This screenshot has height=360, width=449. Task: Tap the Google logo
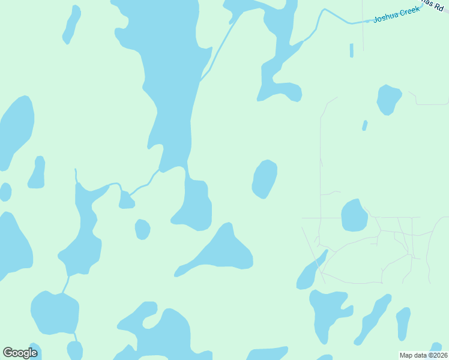pos(20,353)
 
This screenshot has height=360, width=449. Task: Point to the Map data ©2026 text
pos(424,355)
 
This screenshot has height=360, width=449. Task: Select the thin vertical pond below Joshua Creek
pos(352,50)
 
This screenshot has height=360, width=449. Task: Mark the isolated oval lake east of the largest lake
pos(265,179)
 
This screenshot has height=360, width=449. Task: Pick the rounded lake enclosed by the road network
pos(354,215)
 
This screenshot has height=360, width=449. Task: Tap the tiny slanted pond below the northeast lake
pos(364,125)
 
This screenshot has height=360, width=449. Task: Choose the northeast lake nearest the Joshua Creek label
pos(388,99)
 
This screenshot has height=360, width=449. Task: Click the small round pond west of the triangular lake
pos(142,229)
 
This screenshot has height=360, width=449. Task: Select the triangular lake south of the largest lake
pos(222,251)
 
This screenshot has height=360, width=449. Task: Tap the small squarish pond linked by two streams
pos(126,200)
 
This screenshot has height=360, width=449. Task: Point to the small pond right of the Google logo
pos(74,350)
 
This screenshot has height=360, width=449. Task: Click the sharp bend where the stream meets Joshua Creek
pos(324,10)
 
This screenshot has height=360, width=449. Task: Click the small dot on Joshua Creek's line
pos(367,21)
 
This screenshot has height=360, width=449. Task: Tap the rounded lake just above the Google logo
pos(55,312)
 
